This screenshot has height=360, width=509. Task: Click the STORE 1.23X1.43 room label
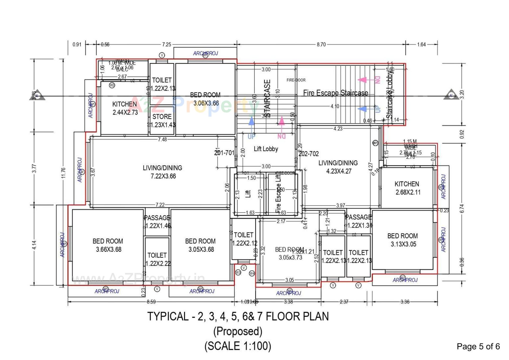(x=162, y=121)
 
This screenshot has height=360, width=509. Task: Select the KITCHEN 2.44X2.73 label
(x=125, y=108)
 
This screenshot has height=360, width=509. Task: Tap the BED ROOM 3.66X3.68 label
(x=108, y=245)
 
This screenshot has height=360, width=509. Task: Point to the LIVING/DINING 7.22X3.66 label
(x=163, y=172)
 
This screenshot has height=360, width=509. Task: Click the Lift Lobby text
(x=266, y=149)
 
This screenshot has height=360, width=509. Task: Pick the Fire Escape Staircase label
(x=335, y=93)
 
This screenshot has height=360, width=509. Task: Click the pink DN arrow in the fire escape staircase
(x=362, y=80)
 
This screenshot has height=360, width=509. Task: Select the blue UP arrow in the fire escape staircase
(x=362, y=109)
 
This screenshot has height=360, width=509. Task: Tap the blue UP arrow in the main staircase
(x=251, y=122)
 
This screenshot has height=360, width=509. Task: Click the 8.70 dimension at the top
(x=321, y=45)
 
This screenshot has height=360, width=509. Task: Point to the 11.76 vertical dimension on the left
(x=63, y=173)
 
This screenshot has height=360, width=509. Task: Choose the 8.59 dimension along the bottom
(x=151, y=302)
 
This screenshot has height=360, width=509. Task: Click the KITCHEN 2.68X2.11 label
(x=407, y=188)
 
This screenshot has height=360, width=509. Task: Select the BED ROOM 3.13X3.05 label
(x=403, y=240)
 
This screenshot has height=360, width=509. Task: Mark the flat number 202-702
(x=309, y=154)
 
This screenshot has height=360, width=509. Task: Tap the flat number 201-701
(x=224, y=153)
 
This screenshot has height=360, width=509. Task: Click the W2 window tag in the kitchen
(x=112, y=85)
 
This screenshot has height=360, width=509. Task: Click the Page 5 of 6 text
(x=478, y=346)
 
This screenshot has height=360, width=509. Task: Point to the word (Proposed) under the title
(x=238, y=331)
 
